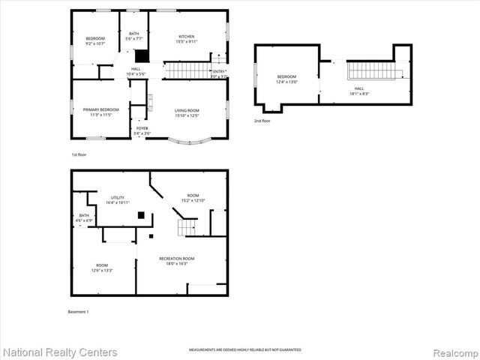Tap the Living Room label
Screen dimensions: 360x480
click(187, 113)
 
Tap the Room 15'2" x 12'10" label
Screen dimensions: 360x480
click(193, 198)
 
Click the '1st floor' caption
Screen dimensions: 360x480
click(79, 154)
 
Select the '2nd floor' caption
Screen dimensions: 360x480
click(262, 120)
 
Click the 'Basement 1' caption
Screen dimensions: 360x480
click(78, 311)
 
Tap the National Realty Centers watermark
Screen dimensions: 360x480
click(60, 352)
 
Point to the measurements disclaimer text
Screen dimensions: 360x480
click(239, 350)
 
